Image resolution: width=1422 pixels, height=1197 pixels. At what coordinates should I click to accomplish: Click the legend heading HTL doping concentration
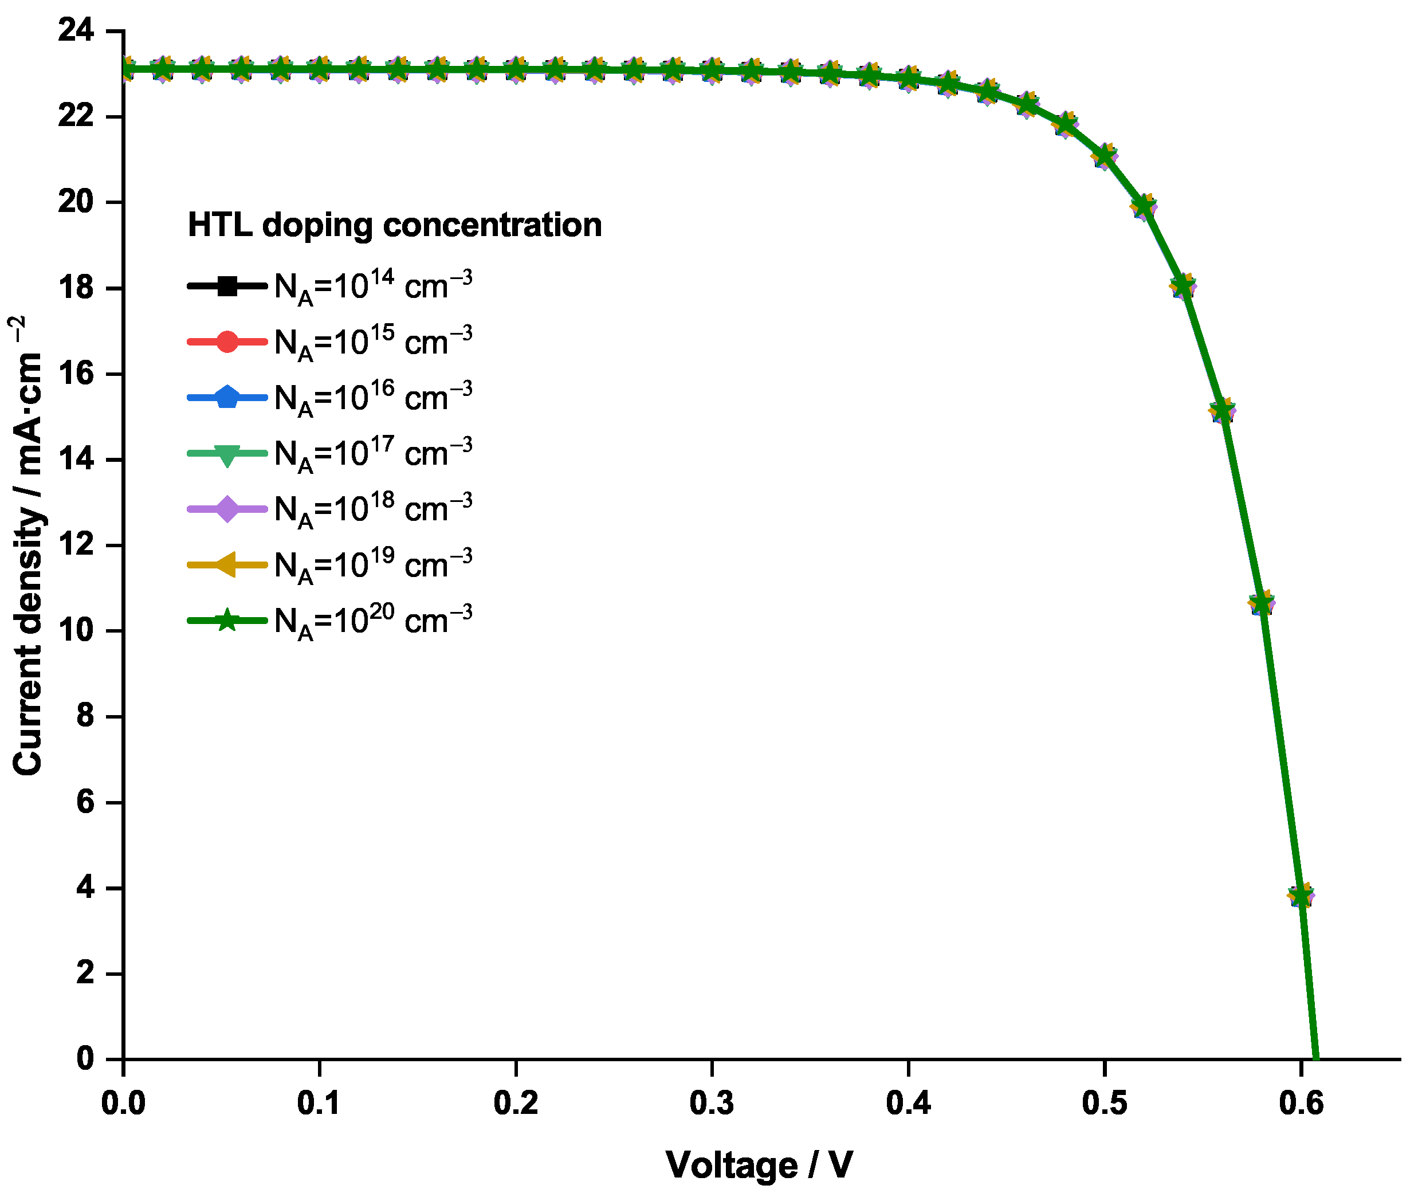394,225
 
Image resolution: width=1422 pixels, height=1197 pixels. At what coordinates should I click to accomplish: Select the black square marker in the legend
227,286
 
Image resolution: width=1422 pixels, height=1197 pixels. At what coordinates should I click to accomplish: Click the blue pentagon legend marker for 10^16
227,397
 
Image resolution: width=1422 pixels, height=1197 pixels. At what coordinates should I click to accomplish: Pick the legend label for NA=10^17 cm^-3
372,454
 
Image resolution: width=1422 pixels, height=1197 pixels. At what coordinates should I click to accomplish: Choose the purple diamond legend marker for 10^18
227,509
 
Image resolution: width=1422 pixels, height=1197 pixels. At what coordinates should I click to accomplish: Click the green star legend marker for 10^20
227,620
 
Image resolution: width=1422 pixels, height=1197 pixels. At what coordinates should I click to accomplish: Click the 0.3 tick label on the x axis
712,1102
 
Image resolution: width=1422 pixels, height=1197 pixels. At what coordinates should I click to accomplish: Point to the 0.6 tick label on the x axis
1301,1102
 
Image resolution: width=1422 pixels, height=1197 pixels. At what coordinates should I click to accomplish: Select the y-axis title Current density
27,545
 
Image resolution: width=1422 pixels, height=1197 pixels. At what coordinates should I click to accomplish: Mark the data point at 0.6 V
1301,896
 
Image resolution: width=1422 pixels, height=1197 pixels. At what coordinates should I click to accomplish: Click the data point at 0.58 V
1262,603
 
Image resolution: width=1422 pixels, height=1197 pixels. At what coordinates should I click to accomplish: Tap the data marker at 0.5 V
1105,156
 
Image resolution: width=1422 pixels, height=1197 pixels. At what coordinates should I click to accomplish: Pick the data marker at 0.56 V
1223,410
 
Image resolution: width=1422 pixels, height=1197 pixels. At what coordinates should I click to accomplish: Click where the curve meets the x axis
1316,1058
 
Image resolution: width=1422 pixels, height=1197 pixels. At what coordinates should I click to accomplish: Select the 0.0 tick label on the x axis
124,1102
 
